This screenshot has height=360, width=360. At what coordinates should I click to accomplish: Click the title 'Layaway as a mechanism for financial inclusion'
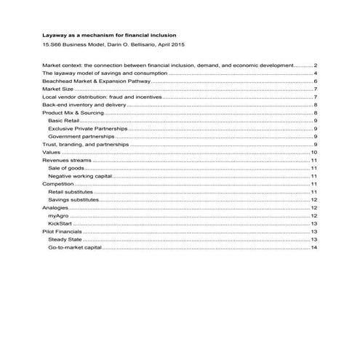click(x=109, y=36)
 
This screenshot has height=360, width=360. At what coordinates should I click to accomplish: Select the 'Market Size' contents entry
click(x=59, y=89)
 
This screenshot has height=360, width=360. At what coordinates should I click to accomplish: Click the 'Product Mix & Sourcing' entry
click(x=70, y=113)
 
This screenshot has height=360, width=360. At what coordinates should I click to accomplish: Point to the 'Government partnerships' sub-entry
click(x=79, y=137)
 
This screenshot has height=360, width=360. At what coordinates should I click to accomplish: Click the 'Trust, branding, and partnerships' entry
click(x=87, y=145)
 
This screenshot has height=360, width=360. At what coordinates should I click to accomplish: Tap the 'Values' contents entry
click(x=52, y=153)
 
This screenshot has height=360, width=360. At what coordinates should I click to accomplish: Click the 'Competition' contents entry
click(x=58, y=184)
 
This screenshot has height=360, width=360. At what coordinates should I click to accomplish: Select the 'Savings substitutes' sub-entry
click(x=72, y=199)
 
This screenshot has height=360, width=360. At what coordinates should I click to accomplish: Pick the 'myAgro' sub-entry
click(x=57, y=215)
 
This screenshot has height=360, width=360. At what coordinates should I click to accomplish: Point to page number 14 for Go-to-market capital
click(x=313, y=247)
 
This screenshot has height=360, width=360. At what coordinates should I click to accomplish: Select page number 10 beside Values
click(x=313, y=153)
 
